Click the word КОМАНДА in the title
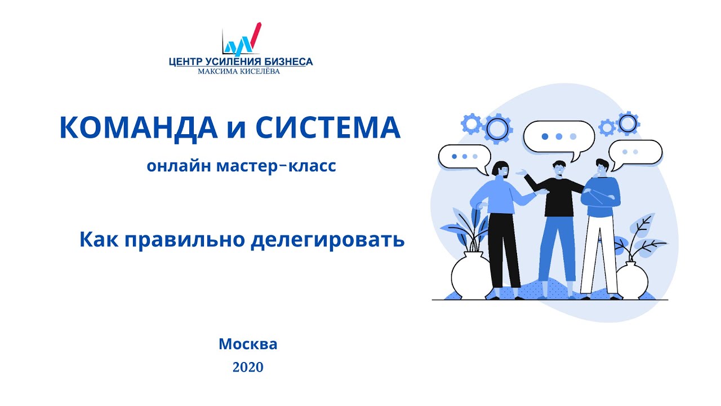click(138, 128)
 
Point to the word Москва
click(248, 344)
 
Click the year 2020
click(248, 368)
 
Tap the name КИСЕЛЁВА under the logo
click(259, 72)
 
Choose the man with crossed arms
click(600, 226)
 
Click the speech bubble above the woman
click(464, 156)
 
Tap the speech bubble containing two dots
click(635, 152)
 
